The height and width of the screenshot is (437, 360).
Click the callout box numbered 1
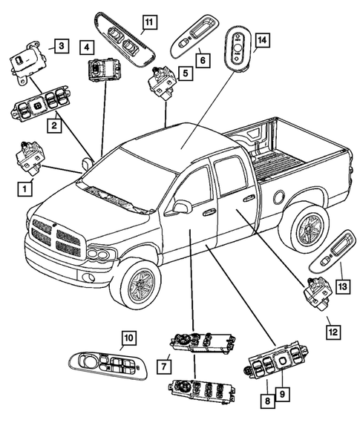tap(26, 189)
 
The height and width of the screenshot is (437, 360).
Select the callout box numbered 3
tap(62, 47)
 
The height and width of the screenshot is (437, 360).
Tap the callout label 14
tap(261, 39)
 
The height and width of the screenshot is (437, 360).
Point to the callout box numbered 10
tap(128, 338)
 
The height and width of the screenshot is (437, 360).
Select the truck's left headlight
tap(98, 254)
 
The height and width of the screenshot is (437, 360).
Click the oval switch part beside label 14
tap(237, 47)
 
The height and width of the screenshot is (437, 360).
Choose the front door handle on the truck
tap(209, 212)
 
